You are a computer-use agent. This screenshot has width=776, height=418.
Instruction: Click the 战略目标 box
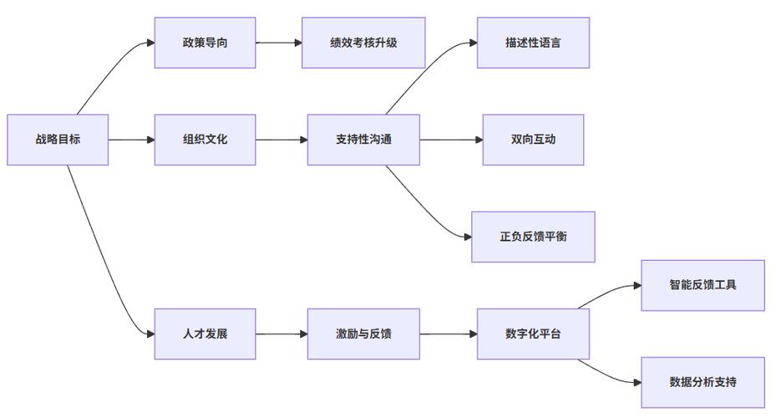point(58,140)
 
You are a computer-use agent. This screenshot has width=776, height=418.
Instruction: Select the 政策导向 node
point(205,43)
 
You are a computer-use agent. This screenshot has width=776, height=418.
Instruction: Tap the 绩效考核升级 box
point(363,43)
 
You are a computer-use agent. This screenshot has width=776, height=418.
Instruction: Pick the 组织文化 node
point(205,140)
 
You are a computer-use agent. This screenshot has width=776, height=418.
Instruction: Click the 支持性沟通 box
point(363,140)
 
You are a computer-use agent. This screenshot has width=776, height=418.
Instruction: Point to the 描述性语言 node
point(533,43)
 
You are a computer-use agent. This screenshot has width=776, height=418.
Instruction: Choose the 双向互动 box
point(533,140)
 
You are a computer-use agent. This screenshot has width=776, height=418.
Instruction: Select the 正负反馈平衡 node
point(533,237)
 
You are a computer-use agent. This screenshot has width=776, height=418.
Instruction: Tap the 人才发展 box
point(205,334)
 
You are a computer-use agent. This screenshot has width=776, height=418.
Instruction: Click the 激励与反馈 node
point(363,334)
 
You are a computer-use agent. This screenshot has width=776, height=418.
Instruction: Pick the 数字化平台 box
point(533,334)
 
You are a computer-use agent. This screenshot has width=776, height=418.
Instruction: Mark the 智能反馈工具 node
point(702,285)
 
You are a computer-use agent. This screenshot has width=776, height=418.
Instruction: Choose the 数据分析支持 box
point(702,382)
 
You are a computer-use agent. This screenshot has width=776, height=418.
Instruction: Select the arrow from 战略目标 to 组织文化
point(131,140)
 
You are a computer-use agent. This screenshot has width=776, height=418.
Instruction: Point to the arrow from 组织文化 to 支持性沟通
point(281,140)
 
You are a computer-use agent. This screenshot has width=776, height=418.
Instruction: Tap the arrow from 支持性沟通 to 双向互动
point(451,140)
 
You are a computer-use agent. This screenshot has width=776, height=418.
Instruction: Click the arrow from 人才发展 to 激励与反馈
point(281,334)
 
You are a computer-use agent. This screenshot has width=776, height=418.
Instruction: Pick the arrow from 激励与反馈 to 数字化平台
point(448,334)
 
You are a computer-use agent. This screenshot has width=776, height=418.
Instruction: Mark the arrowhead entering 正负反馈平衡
point(467,237)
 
